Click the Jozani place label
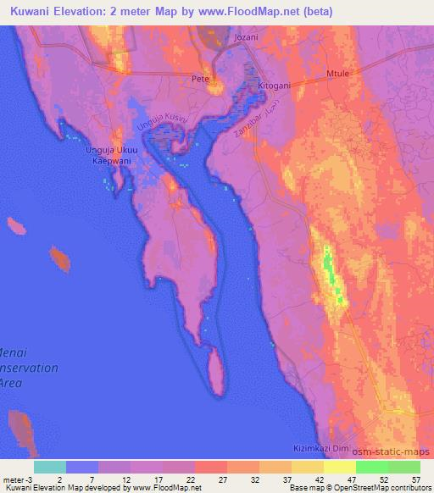tap(246, 39)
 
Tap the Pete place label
tap(200, 79)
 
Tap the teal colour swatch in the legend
tap(50, 467)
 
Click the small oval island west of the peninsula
tap(59, 258)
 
